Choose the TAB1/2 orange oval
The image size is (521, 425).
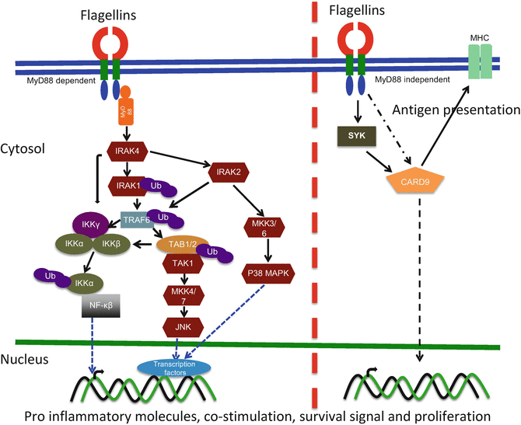point(181,245)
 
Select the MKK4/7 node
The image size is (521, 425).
point(181,296)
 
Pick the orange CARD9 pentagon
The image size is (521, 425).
point(421,185)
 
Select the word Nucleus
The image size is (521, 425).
point(25,359)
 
